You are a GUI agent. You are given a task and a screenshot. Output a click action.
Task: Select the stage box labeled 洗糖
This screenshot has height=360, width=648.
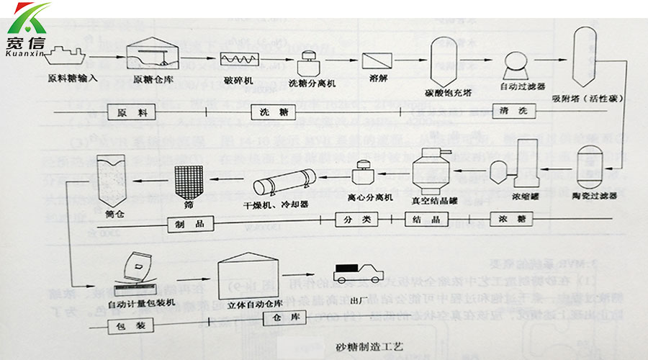click(x=273, y=113)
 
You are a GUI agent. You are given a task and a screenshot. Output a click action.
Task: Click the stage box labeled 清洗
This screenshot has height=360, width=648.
click(x=513, y=112)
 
